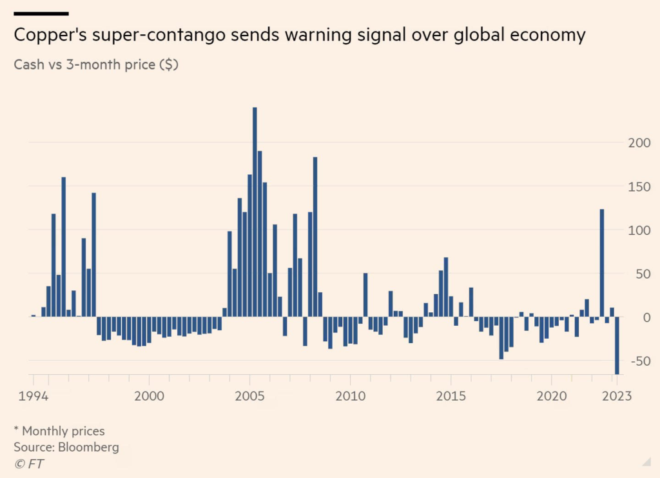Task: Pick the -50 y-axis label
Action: click(639, 361)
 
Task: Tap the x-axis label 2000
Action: click(149, 395)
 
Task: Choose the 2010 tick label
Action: click(349, 395)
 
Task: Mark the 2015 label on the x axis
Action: click(451, 395)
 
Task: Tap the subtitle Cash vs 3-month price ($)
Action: click(96, 66)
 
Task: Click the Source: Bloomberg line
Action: click(66, 447)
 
